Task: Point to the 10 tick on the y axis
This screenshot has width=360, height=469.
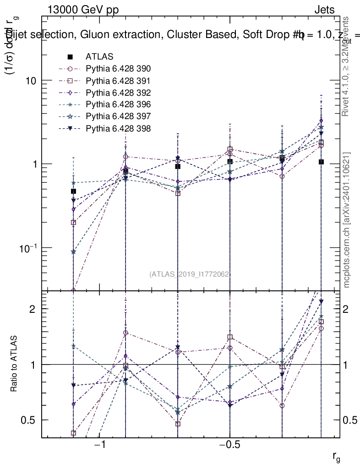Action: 30,81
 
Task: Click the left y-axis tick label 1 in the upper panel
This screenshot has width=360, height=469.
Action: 35,164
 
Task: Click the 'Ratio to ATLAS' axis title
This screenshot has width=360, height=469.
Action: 14,364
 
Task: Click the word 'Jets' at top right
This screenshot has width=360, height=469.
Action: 324,10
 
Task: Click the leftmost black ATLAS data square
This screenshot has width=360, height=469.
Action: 73,191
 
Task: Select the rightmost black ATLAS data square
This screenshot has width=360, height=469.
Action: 321,162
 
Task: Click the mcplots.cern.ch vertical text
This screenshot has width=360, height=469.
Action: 347,220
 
